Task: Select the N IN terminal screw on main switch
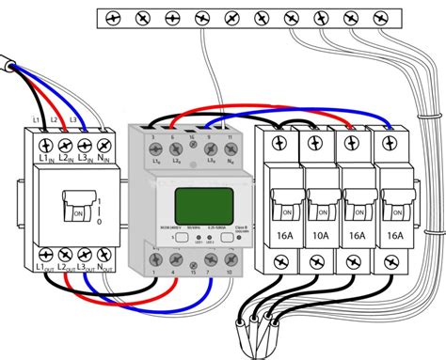[105, 145]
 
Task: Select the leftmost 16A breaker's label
[282, 237]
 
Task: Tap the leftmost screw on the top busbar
[113, 17]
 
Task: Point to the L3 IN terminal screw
[85, 145]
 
